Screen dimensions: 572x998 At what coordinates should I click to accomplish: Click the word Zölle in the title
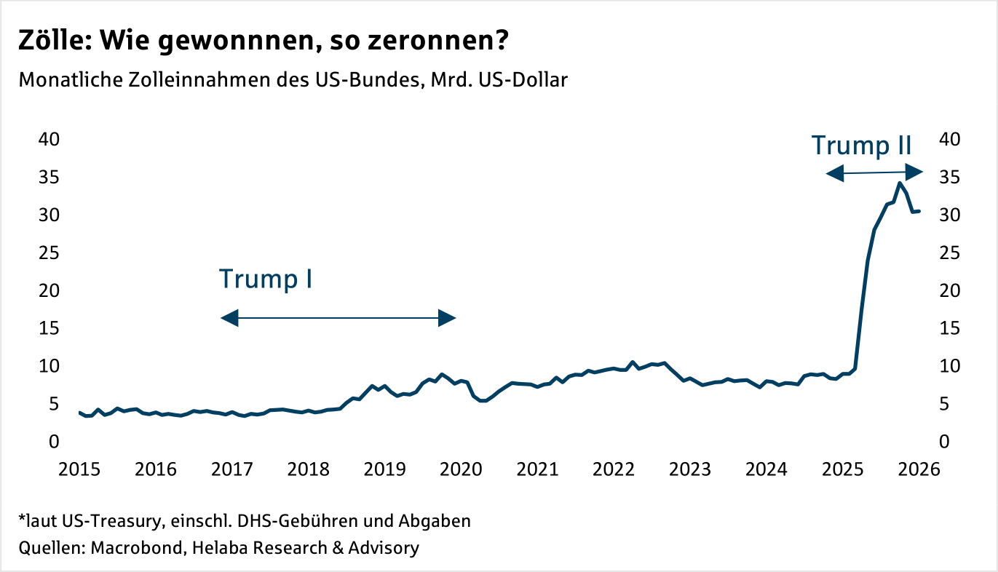[53, 42]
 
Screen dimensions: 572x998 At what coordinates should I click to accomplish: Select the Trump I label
[266, 279]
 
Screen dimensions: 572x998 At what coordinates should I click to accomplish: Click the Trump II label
[862, 145]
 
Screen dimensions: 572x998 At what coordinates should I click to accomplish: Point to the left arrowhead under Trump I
[229, 317]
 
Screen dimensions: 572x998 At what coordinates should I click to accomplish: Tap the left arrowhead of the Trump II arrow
[834, 173]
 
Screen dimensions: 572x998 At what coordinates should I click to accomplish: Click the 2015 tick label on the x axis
[79, 469]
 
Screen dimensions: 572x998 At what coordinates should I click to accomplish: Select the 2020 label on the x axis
[460, 469]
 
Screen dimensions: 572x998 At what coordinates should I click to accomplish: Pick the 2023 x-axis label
[689, 469]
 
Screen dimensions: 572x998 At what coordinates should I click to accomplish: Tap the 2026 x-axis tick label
[918, 469]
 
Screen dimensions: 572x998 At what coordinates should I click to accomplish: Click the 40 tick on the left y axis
[49, 139]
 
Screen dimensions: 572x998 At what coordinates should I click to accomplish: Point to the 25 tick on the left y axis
[49, 253]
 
